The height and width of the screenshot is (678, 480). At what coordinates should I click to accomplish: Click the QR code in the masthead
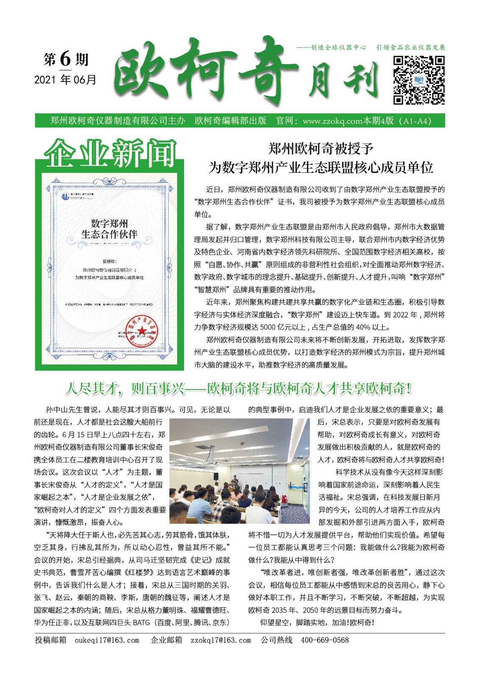pos(419,80)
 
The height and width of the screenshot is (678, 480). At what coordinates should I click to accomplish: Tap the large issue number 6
pos(65,58)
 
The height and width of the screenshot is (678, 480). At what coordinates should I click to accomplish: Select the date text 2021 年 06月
pos(65,80)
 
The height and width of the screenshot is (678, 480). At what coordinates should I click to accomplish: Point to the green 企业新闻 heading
pos(109,153)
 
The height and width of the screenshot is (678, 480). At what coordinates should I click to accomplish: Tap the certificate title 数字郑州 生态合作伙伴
pos(109,229)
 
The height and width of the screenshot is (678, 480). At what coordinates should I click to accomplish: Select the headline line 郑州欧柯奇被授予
pos(321,148)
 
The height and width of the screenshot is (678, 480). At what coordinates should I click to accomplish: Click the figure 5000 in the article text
pos(268,327)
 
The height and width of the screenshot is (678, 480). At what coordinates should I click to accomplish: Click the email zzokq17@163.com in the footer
pos(220,640)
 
